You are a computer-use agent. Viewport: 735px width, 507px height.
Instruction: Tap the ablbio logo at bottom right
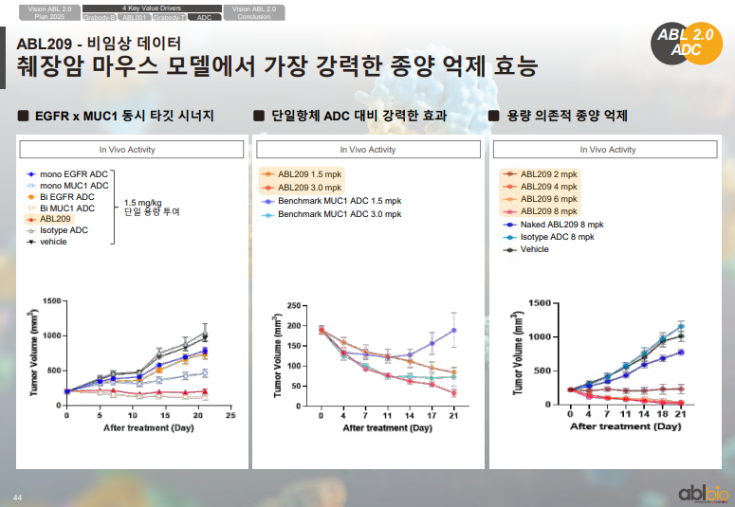pyautogui.click(x=703, y=493)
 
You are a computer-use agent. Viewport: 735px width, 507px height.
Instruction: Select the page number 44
pyautogui.click(x=17, y=497)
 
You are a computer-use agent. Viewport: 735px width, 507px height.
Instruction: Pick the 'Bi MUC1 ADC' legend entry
pyautogui.click(x=66, y=208)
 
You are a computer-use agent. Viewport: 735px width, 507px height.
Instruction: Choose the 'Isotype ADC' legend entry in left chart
pyautogui.click(x=64, y=230)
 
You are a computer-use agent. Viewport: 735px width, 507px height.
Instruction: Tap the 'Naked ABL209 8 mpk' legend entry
pyautogui.click(x=561, y=225)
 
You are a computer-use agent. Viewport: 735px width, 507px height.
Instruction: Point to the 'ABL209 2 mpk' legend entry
pyautogui.click(x=548, y=174)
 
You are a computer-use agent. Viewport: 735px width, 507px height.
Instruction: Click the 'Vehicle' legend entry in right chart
pyautogui.click(x=534, y=249)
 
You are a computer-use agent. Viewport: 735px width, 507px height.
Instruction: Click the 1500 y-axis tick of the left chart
pyautogui.click(x=51, y=301)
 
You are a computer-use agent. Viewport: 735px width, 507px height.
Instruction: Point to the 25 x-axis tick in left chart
pyautogui.click(x=230, y=416)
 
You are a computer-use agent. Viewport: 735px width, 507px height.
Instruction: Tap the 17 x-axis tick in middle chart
pyautogui.click(x=432, y=416)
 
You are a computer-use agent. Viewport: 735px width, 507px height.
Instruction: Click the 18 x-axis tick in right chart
pyautogui.click(x=663, y=414)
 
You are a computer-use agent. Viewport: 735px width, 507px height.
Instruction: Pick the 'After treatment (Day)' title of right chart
pyautogui.click(x=626, y=426)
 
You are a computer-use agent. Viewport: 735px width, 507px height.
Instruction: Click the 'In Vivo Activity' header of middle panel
pyautogui.click(x=368, y=150)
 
